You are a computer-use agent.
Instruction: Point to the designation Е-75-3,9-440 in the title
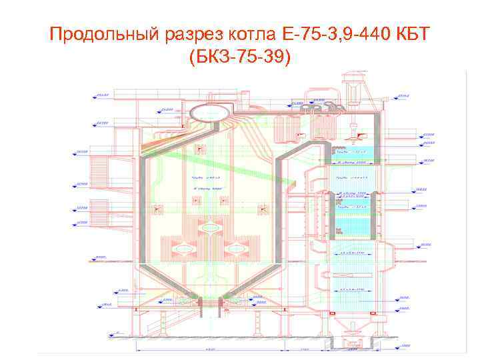pos(325,34)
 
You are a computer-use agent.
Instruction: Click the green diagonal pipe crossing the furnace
pos(220,167)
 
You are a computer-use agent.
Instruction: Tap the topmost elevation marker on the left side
pos(101,96)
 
